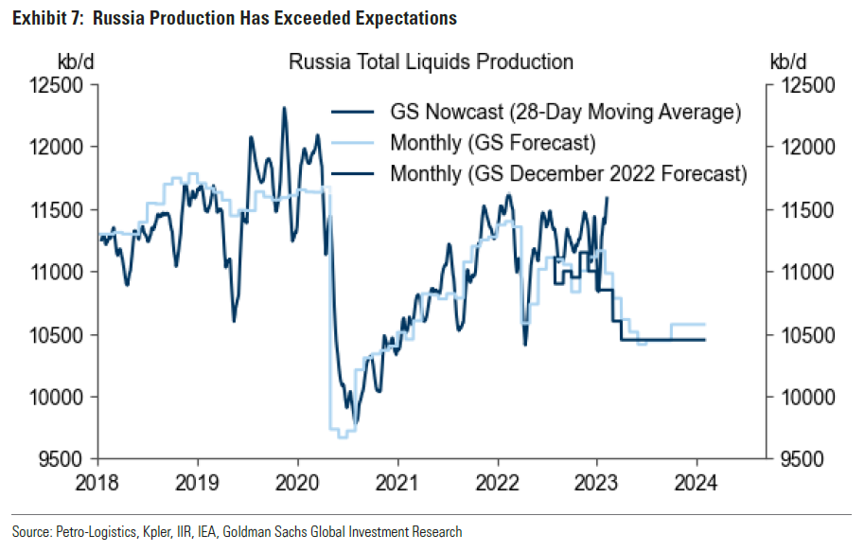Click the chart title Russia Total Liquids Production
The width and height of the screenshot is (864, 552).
coord(431,62)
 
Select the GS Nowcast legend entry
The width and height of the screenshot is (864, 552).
coord(564,112)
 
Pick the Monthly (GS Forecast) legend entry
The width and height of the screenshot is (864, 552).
coord(491,143)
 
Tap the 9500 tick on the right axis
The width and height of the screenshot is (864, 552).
coord(807,460)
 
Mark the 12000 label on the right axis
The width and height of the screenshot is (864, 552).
coord(807,148)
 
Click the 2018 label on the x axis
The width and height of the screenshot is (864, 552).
coord(97,481)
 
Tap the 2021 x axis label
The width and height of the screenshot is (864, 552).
coord(397,481)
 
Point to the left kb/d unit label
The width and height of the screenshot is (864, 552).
coord(77,62)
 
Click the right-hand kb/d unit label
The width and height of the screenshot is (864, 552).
coord(788,62)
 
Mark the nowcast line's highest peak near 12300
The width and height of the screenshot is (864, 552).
coord(284,108)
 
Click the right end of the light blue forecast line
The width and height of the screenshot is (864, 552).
coord(705,325)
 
